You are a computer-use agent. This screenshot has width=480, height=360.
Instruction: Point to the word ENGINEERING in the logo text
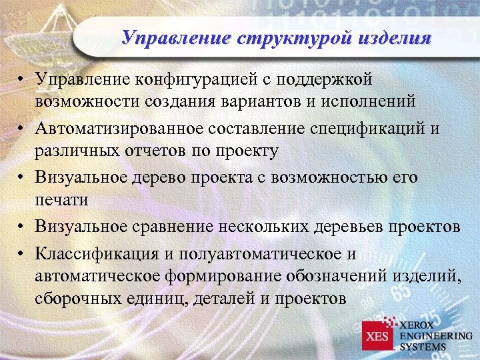point(435,335)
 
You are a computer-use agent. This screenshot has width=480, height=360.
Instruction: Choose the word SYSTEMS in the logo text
point(423,346)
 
